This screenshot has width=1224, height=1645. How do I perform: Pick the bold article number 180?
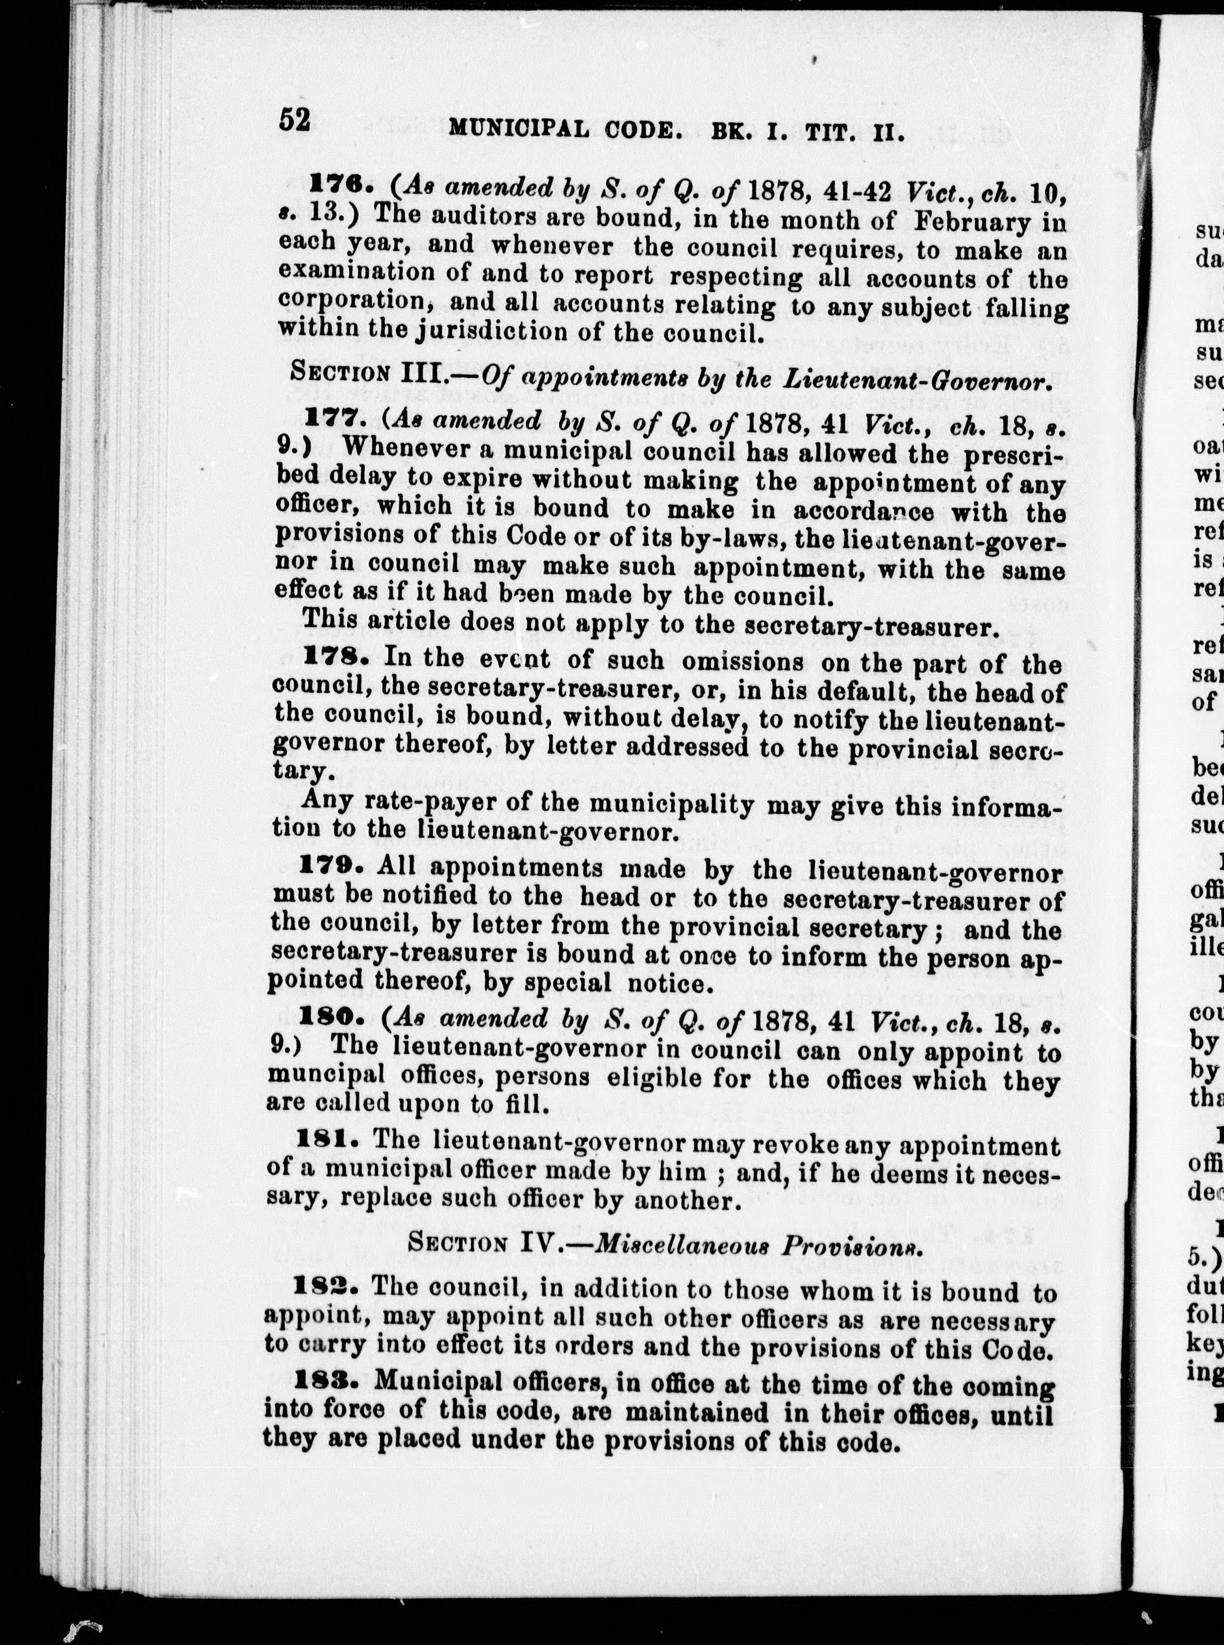click(328, 1022)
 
